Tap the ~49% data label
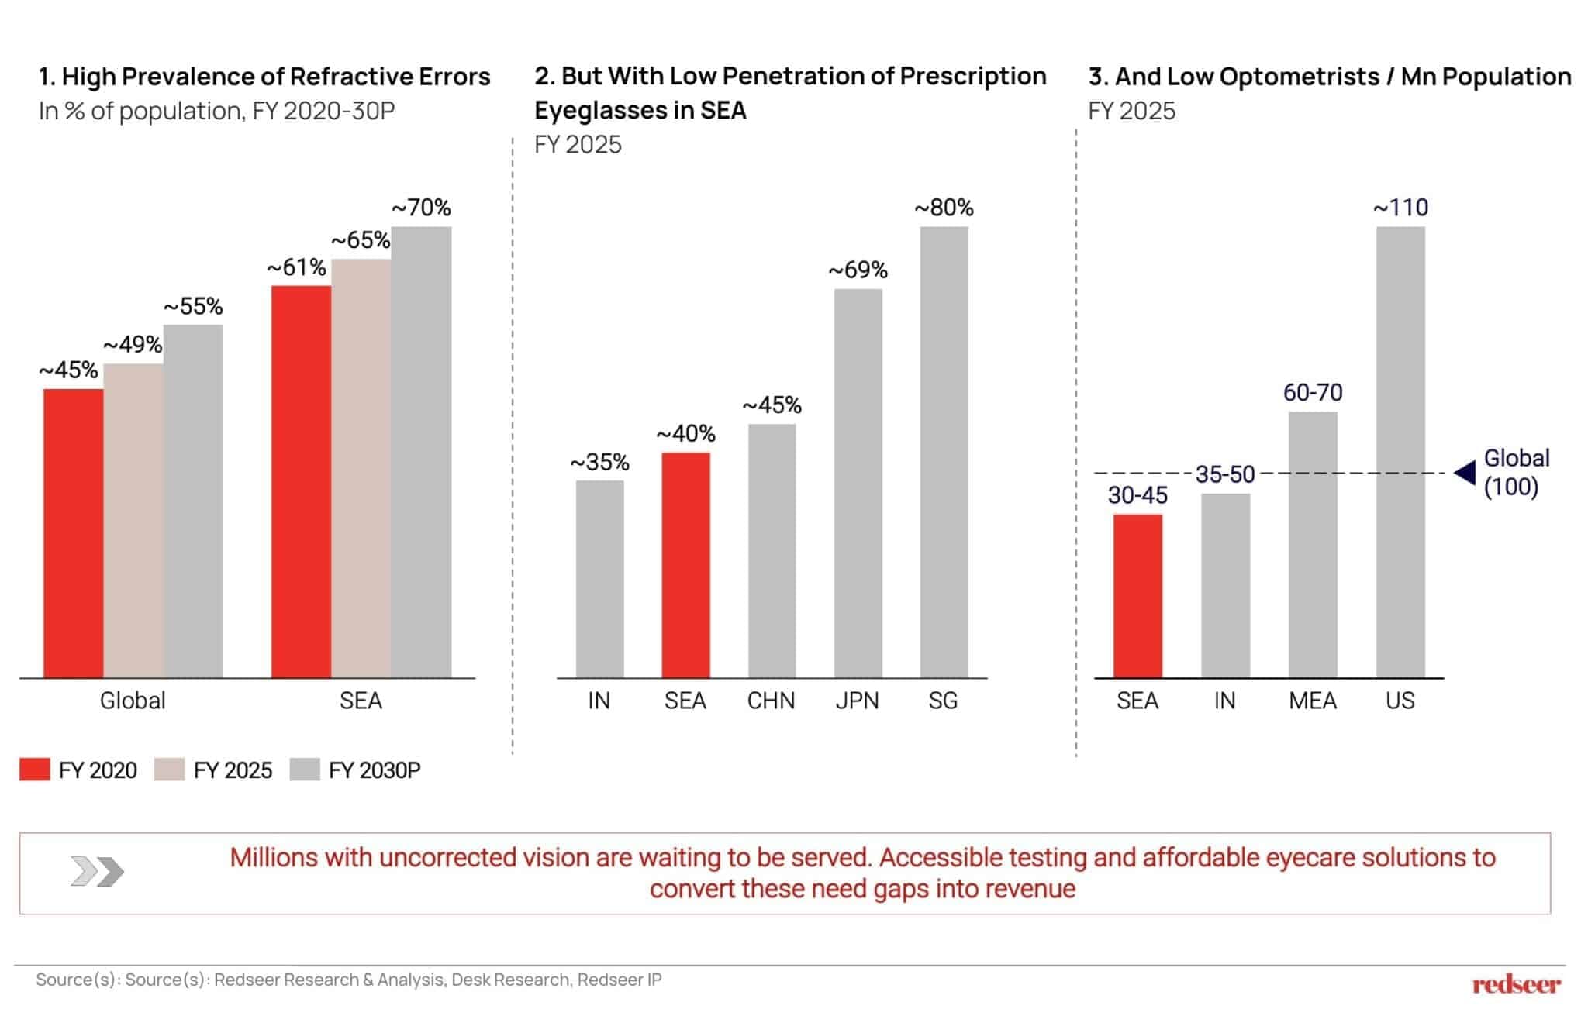tap(133, 344)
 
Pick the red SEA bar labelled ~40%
tap(685, 565)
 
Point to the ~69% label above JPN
tap(858, 270)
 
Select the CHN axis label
tap(771, 701)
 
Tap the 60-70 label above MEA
tap(1313, 392)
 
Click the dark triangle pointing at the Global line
tap(1465, 473)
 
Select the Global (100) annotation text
tap(1516, 473)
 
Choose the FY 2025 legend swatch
tap(169, 770)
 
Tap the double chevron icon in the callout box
tap(97, 871)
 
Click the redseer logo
tap(1516, 985)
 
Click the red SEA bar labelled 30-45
tap(1137, 596)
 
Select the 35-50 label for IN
tap(1224, 474)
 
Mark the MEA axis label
tap(1312, 701)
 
